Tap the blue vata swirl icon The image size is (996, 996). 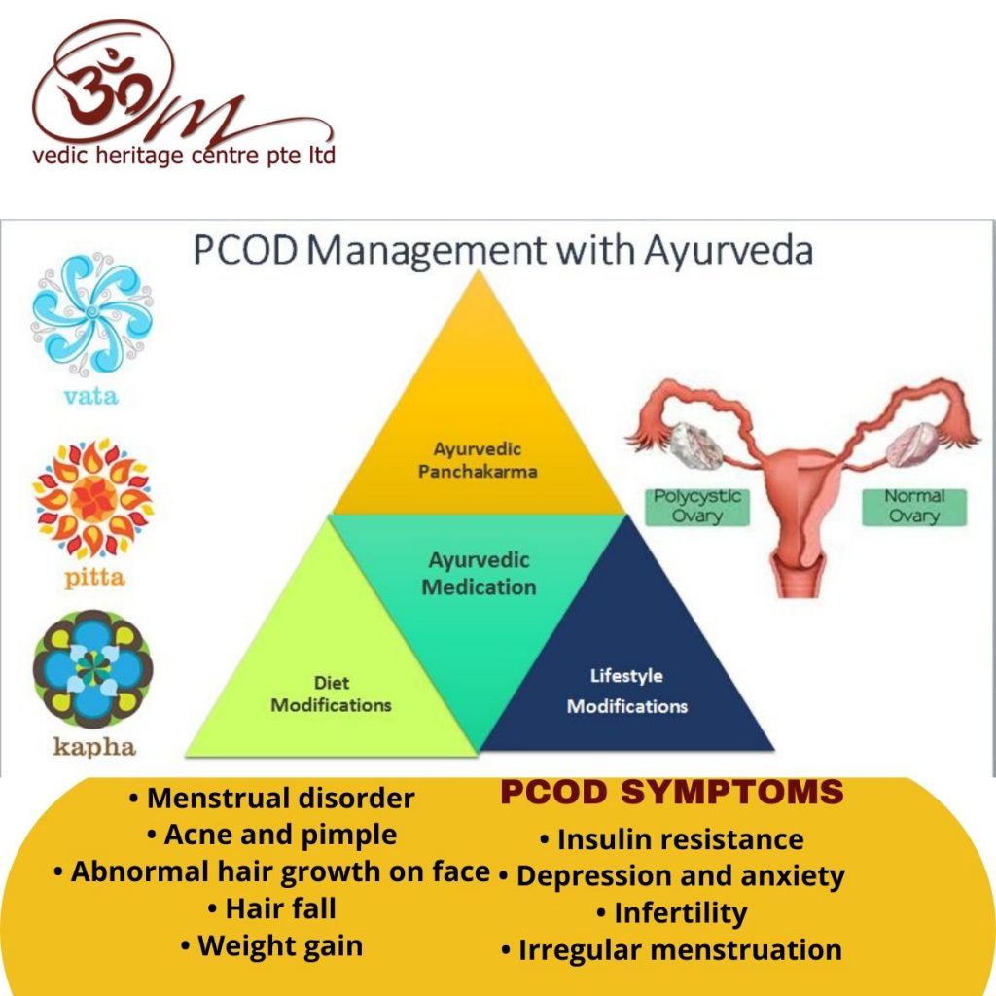(92, 314)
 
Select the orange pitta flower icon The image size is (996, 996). (92, 496)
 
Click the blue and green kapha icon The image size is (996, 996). (92, 669)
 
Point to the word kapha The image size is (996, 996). (94, 747)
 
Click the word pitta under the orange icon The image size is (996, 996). (94, 578)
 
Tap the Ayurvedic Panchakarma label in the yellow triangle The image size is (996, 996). (478, 460)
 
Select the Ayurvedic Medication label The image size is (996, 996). (479, 574)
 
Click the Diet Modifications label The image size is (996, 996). (331, 694)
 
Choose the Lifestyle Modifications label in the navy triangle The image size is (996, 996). (627, 692)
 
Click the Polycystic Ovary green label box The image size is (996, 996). (697, 506)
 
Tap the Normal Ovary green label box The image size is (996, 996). (914, 506)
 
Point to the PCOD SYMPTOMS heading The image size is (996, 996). (672, 792)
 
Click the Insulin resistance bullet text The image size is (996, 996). (672, 839)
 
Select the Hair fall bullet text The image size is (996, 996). (272, 908)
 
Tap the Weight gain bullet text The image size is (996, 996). (272, 945)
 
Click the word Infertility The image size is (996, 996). (672, 912)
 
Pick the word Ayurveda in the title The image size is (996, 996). (729, 251)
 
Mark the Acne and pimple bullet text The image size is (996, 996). (272, 835)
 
